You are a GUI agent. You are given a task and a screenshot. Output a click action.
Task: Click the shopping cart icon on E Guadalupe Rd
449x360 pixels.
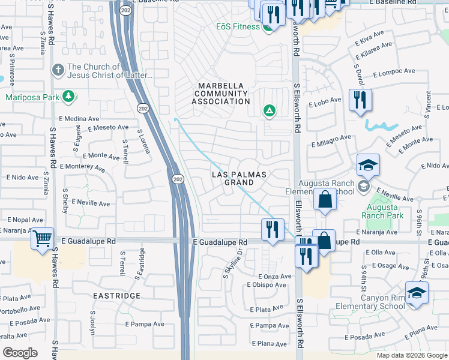[x=42, y=239]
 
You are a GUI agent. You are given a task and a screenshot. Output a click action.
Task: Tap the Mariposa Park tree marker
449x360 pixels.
[x=69, y=96]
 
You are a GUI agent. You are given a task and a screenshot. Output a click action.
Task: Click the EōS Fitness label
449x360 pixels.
[x=238, y=27]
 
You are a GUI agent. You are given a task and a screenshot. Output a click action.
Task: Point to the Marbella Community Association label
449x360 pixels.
[x=220, y=94]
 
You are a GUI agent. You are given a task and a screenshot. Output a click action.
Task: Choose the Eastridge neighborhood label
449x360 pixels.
[x=116, y=296]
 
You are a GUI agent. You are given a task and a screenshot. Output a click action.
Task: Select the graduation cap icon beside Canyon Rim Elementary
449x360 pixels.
[x=417, y=292]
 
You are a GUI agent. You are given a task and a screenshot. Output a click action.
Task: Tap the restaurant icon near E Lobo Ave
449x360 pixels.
[x=360, y=100]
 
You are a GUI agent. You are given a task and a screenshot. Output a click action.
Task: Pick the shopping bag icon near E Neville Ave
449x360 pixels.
[x=325, y=200]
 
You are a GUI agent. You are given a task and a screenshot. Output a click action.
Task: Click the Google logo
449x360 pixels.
[x=20, y=353]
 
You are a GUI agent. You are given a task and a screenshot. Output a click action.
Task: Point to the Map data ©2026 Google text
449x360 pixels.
[x=412, y=355]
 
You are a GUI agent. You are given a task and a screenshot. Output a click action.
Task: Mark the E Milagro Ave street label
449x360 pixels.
[x=331, y=141]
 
